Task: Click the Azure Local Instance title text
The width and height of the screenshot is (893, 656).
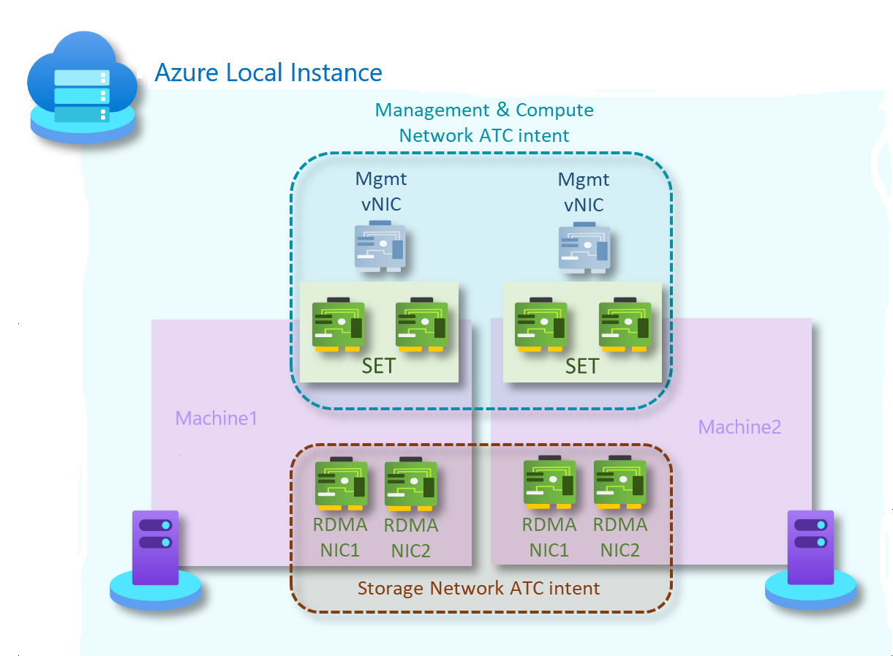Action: point(268,73)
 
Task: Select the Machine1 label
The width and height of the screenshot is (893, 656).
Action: point(216,418)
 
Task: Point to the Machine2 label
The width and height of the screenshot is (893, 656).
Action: point(739,426)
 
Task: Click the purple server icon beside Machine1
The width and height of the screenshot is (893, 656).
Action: point(155,548)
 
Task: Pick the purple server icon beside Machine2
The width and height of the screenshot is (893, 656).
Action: point(810,548)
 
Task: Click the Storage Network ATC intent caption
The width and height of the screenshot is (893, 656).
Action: point(478,588)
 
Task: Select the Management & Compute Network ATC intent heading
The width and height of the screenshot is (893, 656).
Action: point(484,122)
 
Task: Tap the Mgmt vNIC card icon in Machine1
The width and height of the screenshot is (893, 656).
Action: point(380,246)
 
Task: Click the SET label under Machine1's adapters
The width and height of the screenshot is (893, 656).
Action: point(378,366)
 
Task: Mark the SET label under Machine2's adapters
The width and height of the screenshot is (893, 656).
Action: point(581,366)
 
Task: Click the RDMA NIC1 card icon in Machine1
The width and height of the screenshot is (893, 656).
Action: point(340,483)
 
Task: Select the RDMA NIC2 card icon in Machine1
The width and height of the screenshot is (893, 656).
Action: point(410,483)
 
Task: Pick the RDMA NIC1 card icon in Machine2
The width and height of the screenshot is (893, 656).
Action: point(549,483)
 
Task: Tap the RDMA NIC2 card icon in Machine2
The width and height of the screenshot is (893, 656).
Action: point(619,483)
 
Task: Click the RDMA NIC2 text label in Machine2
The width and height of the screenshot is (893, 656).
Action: point(619,538)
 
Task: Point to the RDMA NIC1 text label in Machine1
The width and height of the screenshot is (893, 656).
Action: point(340,538)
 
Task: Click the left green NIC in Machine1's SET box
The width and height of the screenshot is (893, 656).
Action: point(338,325)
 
